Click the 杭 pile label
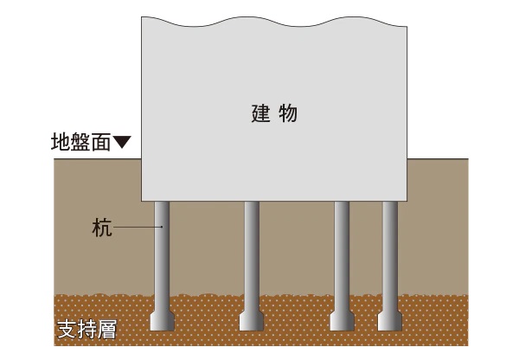tap(101, 228)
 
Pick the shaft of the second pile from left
tap(252, 251)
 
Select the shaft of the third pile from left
tap(343, 251)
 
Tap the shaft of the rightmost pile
tap(391, 251)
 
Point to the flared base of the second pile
tap(252, 320)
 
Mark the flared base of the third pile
tap(343, 320)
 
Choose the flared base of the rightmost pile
tap(391, 320)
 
